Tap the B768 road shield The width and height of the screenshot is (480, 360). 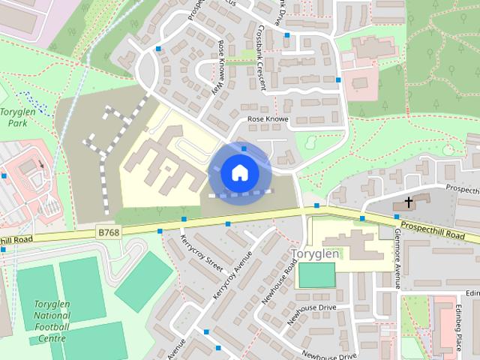point(109,232)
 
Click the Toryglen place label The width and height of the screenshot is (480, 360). point(315,254)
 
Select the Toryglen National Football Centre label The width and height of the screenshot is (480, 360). point(52,322)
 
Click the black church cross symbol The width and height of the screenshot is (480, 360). point(409,202)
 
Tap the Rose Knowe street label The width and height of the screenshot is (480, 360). point(268,119)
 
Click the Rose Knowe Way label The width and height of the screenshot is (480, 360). point(222,67)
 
